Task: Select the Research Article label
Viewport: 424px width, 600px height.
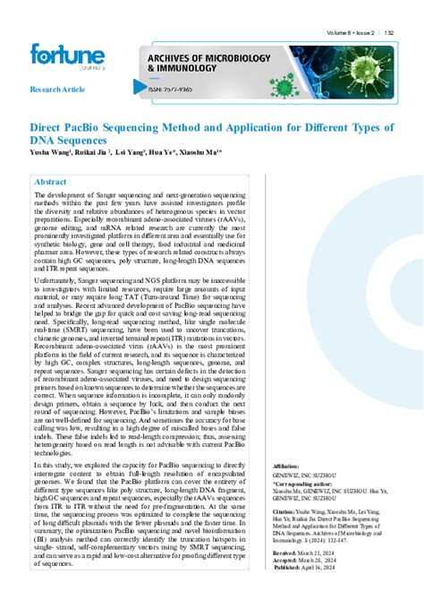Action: pyautogui.click(x=56, y=90)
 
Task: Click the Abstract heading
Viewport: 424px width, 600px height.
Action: pyautogui.click(x=50, y=182)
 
